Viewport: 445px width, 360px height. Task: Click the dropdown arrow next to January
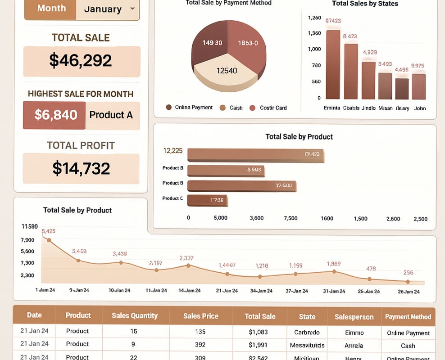pos(132,9)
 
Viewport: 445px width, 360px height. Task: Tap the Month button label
pos(51,9)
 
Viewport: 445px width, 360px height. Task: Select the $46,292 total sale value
pos(81,60)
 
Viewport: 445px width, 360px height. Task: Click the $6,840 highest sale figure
pos(55,115)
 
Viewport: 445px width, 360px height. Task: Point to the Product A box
pos(112,115)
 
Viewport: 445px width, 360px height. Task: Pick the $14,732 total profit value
pos(81,168)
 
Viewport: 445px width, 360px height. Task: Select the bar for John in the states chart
pos(419,86)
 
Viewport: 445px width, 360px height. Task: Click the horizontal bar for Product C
pos(207,200)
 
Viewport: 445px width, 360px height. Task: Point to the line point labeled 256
pos(408,282)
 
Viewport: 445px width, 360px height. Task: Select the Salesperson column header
pos(354,317)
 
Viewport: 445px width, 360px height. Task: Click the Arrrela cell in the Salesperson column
pos(354,346)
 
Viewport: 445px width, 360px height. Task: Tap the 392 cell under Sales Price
pos(200,345)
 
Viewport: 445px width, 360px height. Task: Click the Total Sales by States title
pos(365,4)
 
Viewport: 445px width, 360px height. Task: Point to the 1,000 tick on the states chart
pos(314,49)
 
